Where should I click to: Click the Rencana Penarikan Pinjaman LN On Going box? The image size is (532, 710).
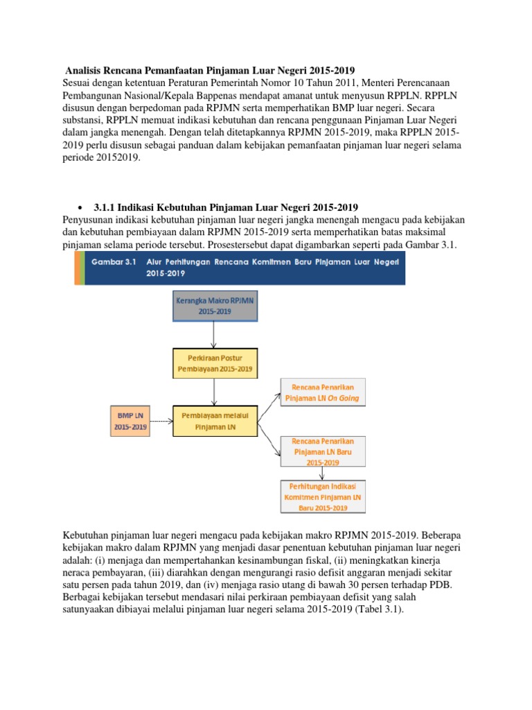click(322, 392)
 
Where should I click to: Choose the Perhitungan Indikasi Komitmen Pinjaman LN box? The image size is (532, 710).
click(322, 496)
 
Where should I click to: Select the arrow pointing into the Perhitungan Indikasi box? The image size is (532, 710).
click(322, 473)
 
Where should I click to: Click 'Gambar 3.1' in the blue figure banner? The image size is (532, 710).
click(114, 262)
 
